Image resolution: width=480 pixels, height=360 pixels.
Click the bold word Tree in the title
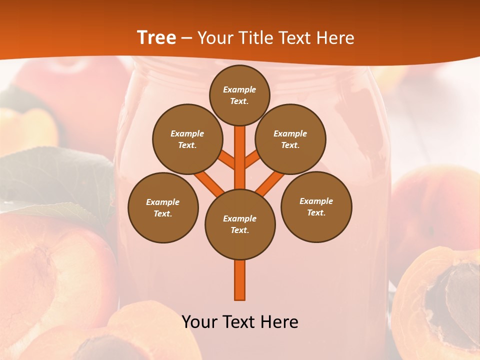[156, 37]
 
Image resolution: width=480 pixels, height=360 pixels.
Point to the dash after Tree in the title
[186, 38]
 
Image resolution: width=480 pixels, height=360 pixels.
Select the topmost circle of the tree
[239, 95]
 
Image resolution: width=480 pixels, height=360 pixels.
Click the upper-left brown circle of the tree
[187, 139]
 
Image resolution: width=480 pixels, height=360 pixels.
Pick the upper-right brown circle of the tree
[290, 139]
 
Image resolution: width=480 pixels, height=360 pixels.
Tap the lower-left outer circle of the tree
[163, 207]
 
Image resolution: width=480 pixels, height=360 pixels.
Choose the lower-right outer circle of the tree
[316, 206]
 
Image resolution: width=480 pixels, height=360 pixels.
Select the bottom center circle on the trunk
[240, 224]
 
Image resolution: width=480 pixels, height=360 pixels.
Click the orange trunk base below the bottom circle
[240, 280]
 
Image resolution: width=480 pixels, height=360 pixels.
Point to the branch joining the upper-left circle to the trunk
[226, 160]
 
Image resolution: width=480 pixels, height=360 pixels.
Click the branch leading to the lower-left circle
[208, 183]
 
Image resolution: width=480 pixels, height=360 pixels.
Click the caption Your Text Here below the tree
[240, 321]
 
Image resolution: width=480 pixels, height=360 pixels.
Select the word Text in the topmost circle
[238, 101]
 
